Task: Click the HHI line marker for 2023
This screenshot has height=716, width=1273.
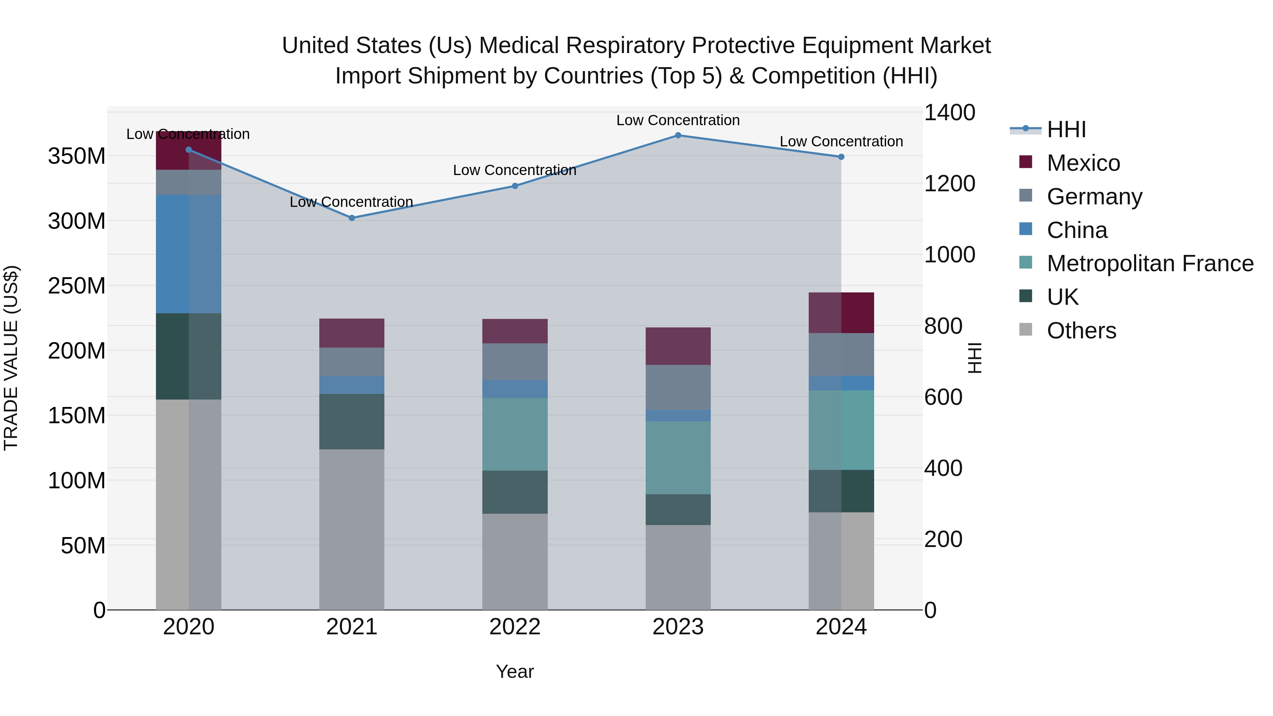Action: pyautogui.click(x=678, y=135)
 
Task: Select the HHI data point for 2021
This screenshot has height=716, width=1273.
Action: pyautogui.click(x=352, y=218)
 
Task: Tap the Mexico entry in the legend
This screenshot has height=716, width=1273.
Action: pyautogui.click(x=1083, y=163)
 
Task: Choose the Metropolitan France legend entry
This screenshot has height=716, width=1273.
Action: pyautogui.click(x=1150, y=263)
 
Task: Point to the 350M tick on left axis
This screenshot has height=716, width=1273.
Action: pyautogui.click(x=77, y=156)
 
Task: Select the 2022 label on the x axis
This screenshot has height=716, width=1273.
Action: pyautogui.click(x=515, y=627)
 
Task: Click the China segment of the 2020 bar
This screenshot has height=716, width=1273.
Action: pyautogui.click(x=188, y=254)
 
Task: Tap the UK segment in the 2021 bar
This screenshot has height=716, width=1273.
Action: pyautogui.click(x=352, y=421)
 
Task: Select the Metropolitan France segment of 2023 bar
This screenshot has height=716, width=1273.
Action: pyautogui.click(x=678, y=458)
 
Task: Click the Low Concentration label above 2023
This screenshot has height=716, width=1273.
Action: pyautogui.click(x=678, y=120)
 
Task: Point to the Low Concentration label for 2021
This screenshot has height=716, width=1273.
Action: pyautogui.click(x=351, y=202)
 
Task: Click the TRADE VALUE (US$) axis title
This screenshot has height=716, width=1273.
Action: pyautogui.click(x=11, y=358)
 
